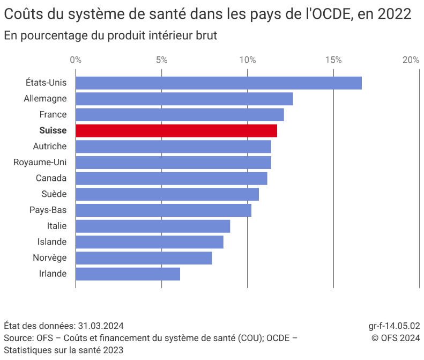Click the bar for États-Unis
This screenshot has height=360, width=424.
click(x=218, y=83)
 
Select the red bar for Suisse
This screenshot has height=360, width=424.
click(x=176, y=130)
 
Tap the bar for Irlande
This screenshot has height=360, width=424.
click(x=128, y=274)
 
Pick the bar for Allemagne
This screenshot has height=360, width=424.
click(x=184, y=99)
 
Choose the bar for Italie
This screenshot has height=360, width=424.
click(x=153, y=226)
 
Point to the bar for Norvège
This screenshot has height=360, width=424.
click(x=144, y=258)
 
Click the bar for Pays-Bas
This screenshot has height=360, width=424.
click(x=163, y=210)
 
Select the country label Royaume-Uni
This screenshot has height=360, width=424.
click(x=40, y=162)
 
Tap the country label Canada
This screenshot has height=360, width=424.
click(x=51, y=178)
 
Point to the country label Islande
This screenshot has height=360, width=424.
click(x=52, y=242)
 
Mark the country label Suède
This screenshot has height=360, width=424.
click(x=54, y=194)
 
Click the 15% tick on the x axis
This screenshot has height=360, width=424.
click(x=333, y=60)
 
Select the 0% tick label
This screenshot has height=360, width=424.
click(x=76, y=60)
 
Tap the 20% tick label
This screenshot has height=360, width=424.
click(x=411, y=60)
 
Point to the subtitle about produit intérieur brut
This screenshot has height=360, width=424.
click(x=110, y=35)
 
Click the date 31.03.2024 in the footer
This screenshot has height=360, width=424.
click(x=101, y=326)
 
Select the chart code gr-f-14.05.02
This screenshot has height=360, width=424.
click(x=394, y=326)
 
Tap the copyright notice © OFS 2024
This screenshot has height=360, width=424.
click(x=396, y=337)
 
